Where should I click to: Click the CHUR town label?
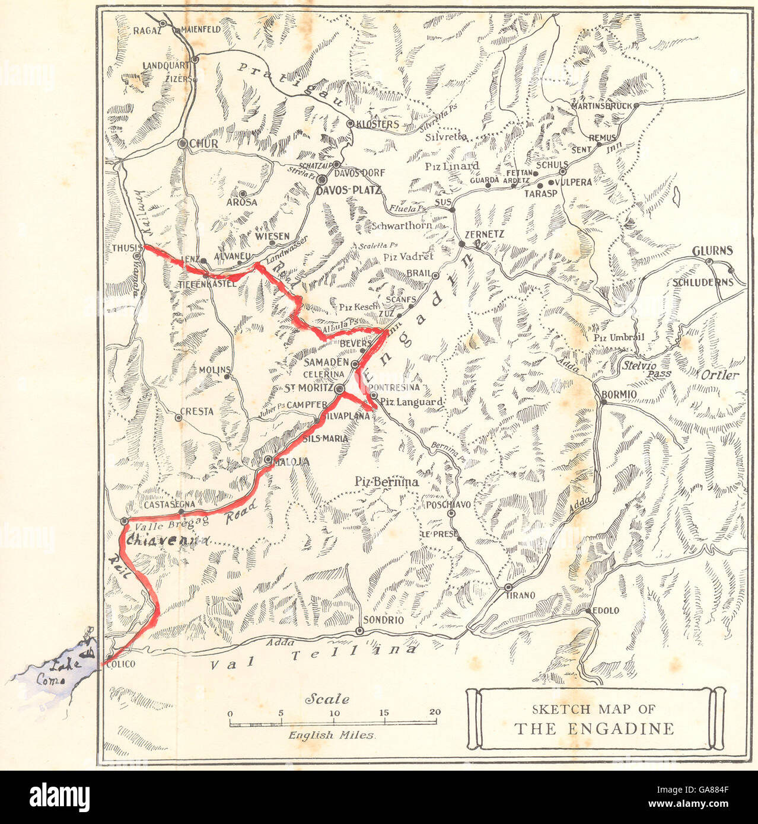(204, 144)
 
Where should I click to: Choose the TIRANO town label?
(521, 595)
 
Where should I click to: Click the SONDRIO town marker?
(359, 631)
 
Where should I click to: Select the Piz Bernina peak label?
(387, 482)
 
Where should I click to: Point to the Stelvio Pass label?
(646, 369)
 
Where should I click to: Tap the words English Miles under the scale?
(332, 735)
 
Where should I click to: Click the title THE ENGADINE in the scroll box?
(594, 729)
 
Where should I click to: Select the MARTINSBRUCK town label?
(600, 106)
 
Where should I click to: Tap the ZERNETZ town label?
(485, 235)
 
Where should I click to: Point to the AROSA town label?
(241, 202)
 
